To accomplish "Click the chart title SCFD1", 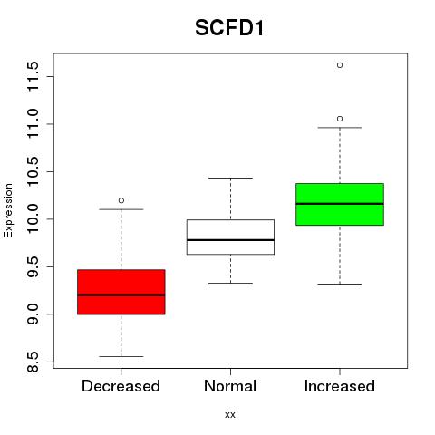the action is point(229,28).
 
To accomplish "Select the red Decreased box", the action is point(121,292).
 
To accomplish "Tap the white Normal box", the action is point(230,237).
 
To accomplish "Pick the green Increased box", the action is point(340,204).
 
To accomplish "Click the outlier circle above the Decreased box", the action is point(121,200).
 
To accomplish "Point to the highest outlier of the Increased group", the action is point(340,65).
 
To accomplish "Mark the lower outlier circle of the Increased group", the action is point(340,119).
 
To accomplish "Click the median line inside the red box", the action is point(121,295).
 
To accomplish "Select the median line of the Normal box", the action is point(230,240).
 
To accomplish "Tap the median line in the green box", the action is point(340,204).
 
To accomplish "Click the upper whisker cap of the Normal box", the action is point(230,178).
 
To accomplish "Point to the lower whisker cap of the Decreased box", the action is point(121,356).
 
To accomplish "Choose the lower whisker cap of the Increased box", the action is point(340,284).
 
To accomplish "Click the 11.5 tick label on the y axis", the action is point(33,76).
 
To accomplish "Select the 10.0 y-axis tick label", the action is point(33,219).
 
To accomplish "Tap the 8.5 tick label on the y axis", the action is point(33,362).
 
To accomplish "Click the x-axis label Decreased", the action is point(121,386).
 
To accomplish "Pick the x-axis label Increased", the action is point(340,386).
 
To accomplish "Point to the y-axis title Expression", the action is point(8,210).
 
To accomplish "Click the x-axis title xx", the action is point(230,415).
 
